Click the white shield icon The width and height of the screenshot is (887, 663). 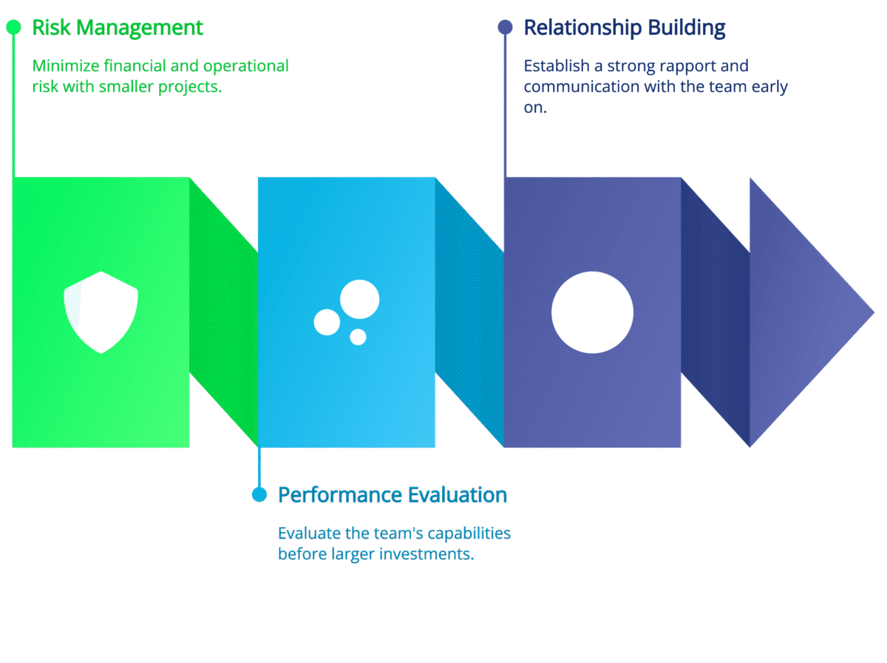(x=101, y=312)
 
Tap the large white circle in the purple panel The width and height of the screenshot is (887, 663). (x=592, y=312)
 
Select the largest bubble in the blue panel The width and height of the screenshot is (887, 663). (x=359, y=300)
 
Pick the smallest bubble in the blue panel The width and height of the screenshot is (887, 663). (x=358, y=337)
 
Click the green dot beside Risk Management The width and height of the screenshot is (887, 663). (x=13, y=27)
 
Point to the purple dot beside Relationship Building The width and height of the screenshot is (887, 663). (x=505, y=27)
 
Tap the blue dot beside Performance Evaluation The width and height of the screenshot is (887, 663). (x=259, y=494)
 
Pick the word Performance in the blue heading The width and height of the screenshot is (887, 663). (x=331, y=495)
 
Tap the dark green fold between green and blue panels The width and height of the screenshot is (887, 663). (x=224, y=312)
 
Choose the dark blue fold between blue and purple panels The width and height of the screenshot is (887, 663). (x=469, y=312)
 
